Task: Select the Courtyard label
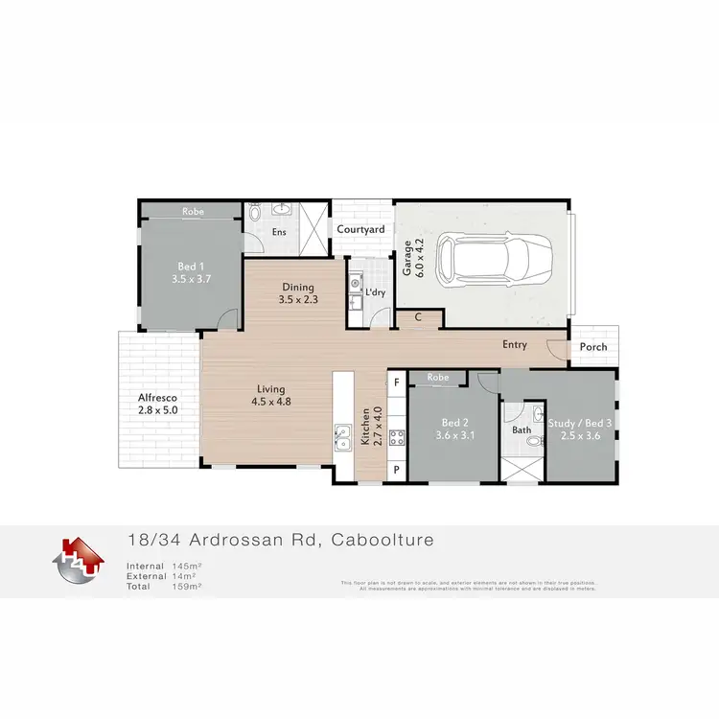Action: [360, 229]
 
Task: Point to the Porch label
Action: [593, 346]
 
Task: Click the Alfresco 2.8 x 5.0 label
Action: [157, 403]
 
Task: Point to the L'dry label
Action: [374, 291]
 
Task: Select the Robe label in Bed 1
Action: [191, 210]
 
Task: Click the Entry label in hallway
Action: [515, 344]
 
